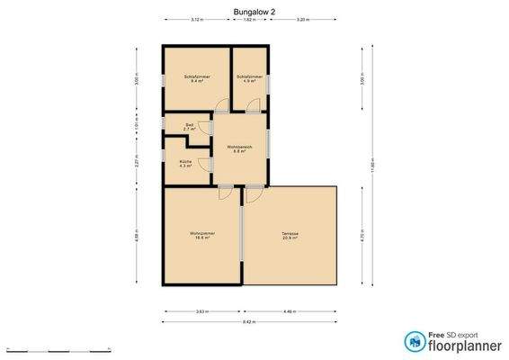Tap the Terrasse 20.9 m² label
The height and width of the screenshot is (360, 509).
click(290, 237)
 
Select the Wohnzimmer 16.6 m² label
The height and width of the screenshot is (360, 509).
click(201, 237)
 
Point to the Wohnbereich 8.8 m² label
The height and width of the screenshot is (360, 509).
click(239, 148)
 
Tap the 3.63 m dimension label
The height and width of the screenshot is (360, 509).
click(202, 311)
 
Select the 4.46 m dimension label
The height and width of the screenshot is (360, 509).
click(289, 311)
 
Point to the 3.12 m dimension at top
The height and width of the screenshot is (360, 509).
click(196, 18)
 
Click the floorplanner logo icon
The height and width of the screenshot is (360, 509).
click(415, 342)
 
